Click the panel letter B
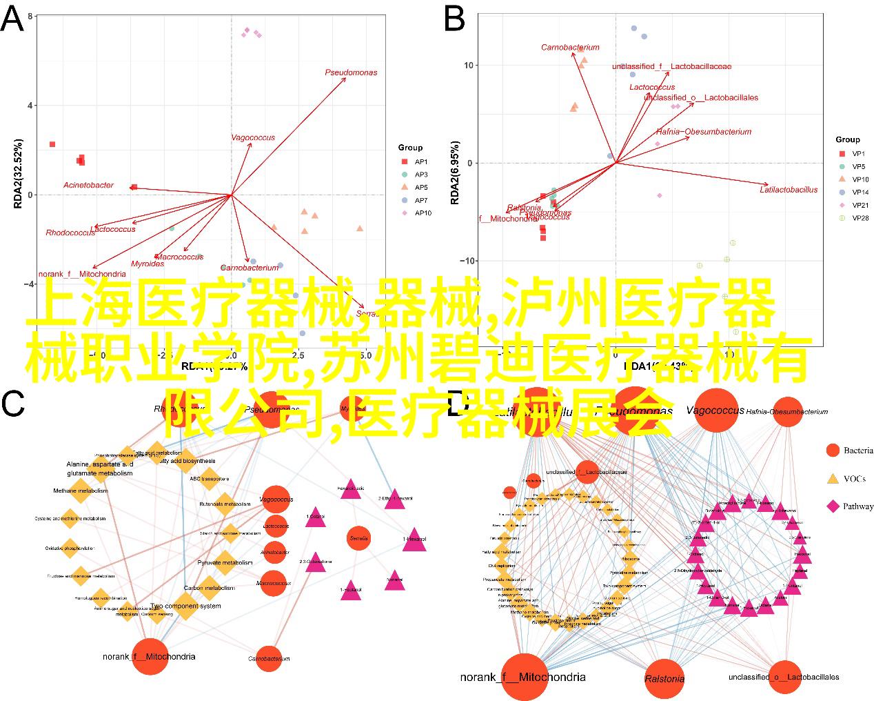pyautogui.click(x=454, y=19)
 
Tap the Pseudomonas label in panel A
pyautogui.click(x=351, y=72)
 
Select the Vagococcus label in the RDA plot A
pyautogui.click(x=252, y=137)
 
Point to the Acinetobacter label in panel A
pyautogui.click(x=88, y=185)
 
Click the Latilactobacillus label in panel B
pyautogui.click(x=789, y=189)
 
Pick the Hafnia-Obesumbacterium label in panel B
pyautogui.click(x=704, y=132)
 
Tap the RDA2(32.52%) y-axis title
pyautogui.click(x=19, y=174)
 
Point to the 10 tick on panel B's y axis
pyautogui.click(x=469, y=66)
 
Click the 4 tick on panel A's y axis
pyautogui.click(x=30, y=106)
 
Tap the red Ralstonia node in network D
pyautogui.click(x=664, y=678)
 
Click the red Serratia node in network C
pyautogui.click(x=359, y=537)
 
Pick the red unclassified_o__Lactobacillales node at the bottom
pyautogui.click(x=784, y=677)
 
